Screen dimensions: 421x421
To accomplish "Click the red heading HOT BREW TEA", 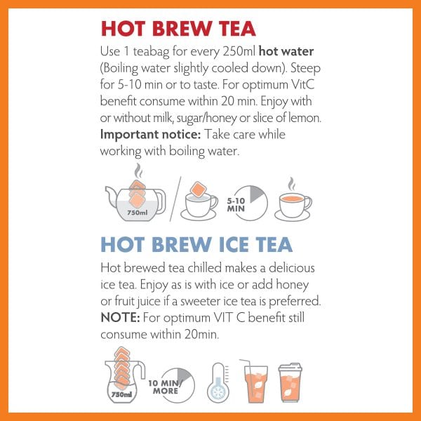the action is point(178,29).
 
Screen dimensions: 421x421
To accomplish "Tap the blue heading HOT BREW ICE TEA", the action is point(196,244).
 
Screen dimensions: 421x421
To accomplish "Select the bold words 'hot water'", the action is point(286,51).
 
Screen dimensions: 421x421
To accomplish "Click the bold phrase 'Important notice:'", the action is point(150,134).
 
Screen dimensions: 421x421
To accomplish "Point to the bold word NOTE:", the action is point(120,318).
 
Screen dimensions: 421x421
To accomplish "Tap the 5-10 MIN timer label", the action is point(236,205).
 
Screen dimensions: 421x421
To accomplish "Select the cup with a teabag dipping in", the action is point(199,201).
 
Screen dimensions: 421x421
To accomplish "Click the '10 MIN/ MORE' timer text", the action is point(165,387).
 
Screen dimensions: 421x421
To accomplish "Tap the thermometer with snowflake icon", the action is point(218,383).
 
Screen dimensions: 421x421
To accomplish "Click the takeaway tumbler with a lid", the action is point(290,382).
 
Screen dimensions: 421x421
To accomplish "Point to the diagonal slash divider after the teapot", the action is point(175,199).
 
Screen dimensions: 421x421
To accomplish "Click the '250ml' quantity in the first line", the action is point(239,51).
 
